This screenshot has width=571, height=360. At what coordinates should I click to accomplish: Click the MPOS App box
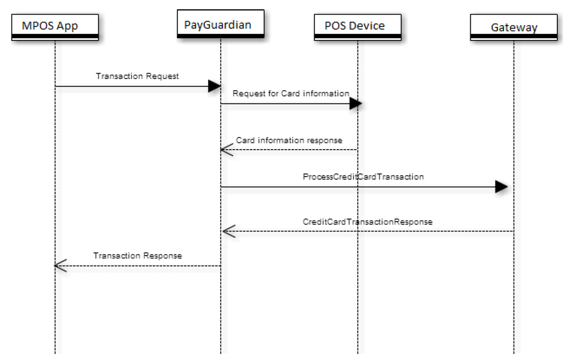[x=55, y=27]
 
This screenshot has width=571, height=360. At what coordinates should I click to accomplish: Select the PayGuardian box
[x=220, y=24]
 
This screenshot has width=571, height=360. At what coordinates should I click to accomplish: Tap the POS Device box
[x=357, y=27]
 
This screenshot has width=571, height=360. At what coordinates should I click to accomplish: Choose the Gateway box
[x=514, y=28]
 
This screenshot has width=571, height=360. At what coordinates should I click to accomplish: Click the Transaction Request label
[x=137, y=76]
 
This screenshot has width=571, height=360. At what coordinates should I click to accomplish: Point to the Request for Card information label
[x=290, y=93]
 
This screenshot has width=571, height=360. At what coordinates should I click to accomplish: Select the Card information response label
[x=289, y=140]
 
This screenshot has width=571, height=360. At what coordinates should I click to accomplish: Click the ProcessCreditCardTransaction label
[x=363, y=177]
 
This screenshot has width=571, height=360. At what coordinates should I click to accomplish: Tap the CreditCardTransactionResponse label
[x=367, y=222]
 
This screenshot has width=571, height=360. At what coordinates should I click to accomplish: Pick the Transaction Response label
[x=137, y=256]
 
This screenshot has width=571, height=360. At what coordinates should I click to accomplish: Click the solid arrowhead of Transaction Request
[x=214, y=86]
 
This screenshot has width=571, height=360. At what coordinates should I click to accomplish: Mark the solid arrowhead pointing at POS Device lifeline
[x=355, y=104]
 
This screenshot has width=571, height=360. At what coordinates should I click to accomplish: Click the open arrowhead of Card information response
[x=227, y=150]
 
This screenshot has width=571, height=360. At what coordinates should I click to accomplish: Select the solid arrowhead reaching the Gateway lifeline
[x=501, y=187]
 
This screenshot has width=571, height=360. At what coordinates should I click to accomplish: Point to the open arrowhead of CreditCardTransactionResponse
[x=229, y=231]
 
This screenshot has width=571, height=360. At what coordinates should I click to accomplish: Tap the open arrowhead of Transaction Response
[x=61, y=266]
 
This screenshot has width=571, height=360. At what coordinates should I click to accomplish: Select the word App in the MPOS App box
[x=67, y=26]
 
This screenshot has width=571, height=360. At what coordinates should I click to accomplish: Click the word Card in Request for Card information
[x=290, y=93]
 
